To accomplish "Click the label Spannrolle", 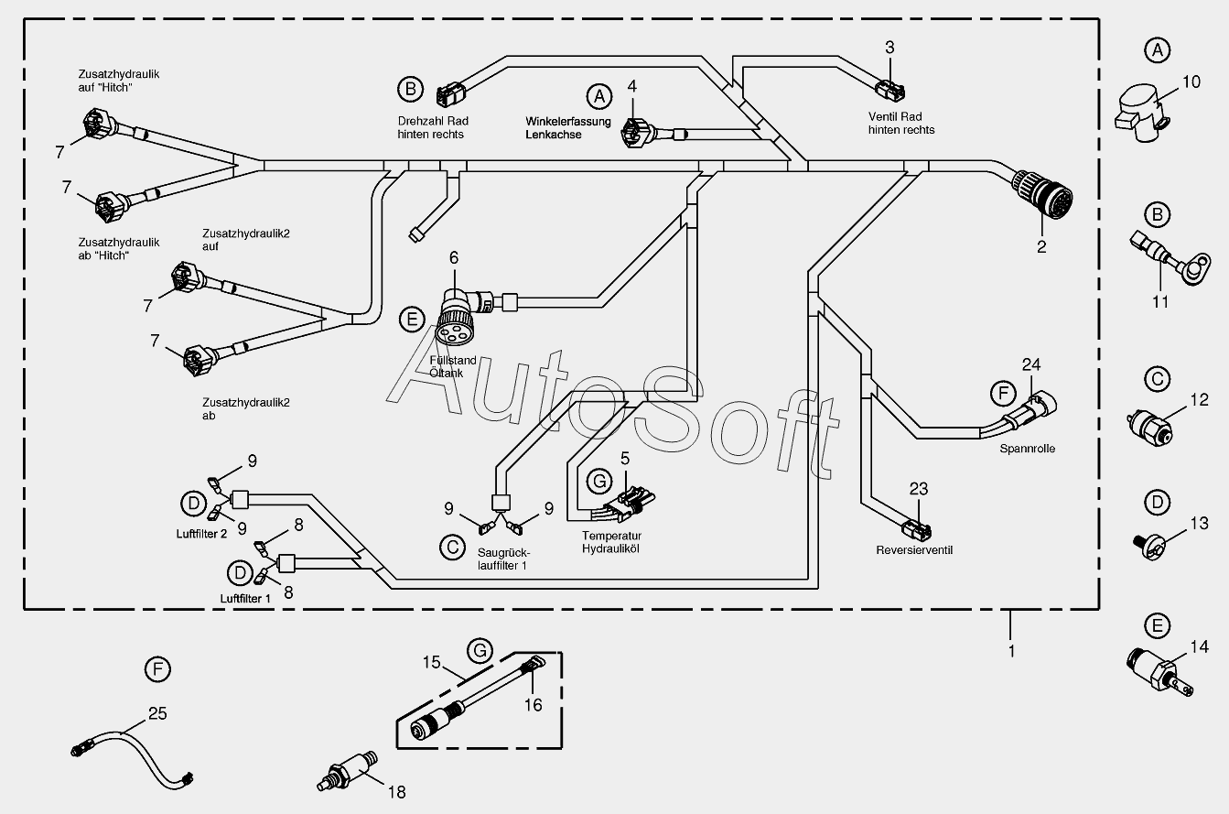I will pyautogui.click(x=1028, y=449).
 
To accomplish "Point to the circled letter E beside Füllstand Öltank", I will pyautogui.click(x=413, y=320).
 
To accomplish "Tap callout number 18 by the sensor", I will pyautogui.click(x=396, y=792).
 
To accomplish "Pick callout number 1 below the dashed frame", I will pyautogui.click(x=1011, y=652).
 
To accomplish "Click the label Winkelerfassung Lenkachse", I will pyautogui.click(x=554, y=127).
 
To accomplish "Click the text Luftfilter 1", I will pyautogui.click(x=246, y=598).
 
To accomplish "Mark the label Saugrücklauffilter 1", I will pyautogui.click(x=503, y=559).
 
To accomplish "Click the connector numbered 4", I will pyautogui.click(x=634, y=131).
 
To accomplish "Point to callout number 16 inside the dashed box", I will pyautogui.click(x=533, y=704).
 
